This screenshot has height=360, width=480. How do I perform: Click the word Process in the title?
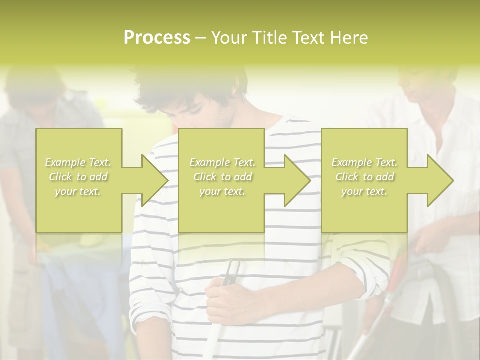point(157,38)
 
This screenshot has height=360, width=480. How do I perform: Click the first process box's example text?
point(78,177)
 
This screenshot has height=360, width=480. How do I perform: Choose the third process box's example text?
point(364,177)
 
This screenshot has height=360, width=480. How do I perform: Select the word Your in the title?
point(229,38)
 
